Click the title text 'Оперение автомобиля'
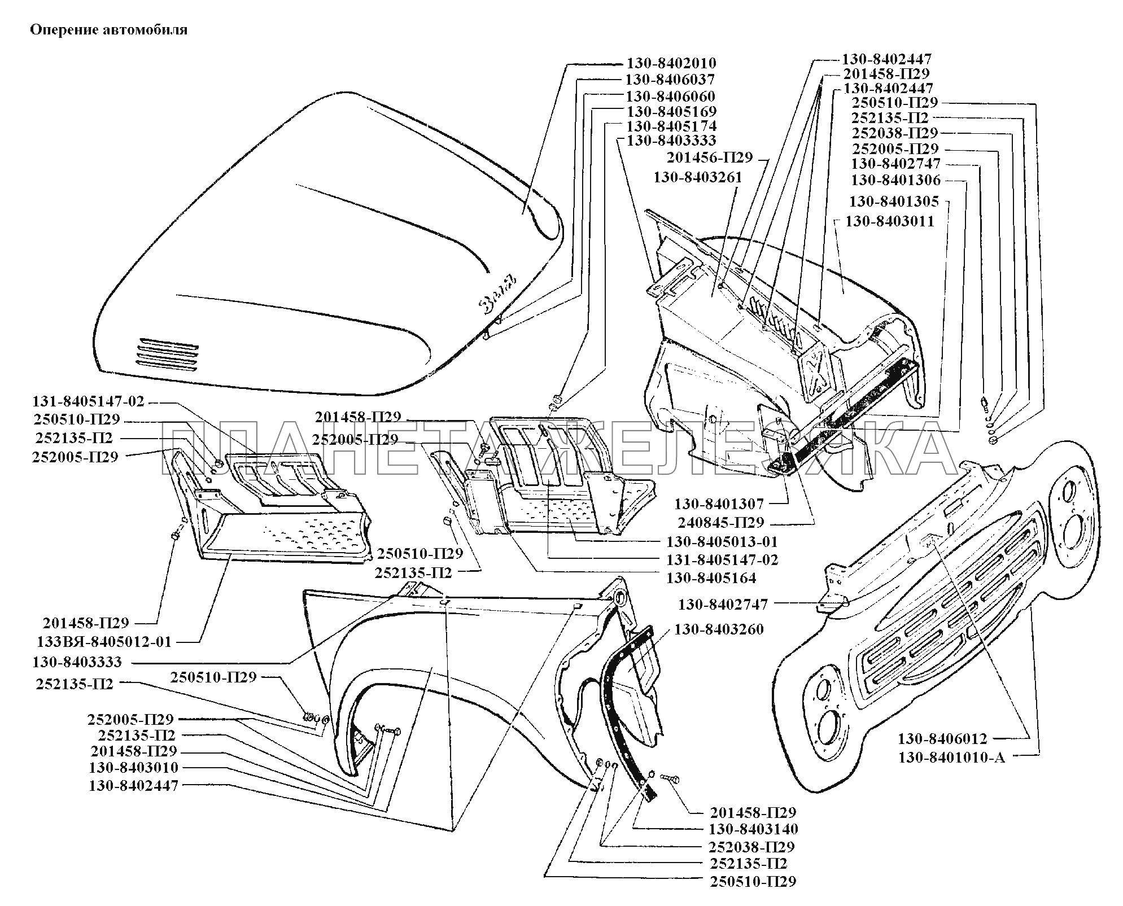(x=108, y=30)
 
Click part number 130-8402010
(x=671, y=63)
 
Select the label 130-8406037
(x=670, y=80)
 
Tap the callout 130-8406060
(x=670, y=96)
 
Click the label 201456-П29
(x=710, y=157)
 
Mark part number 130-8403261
(x=698, y=177)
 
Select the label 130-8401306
(x=895, y=181)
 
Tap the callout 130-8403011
(x=890, y=221)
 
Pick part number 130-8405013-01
(x=722, y=542)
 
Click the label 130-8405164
(x=711, y=578)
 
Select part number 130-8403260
(x=719, y=629)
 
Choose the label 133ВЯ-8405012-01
(x=104, y=642)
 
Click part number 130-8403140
(x=753, y=829)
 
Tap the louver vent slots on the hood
(x=167, y=354)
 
